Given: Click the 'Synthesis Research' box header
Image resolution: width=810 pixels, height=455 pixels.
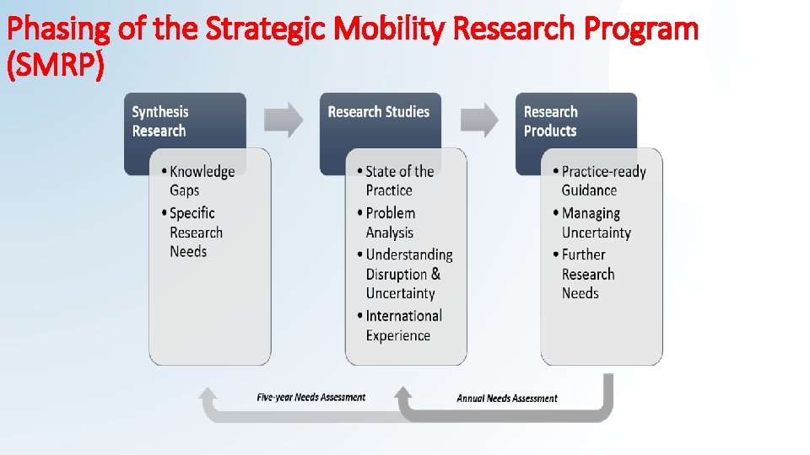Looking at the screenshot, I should point(160,121).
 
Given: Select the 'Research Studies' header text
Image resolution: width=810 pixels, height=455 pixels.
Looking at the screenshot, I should point(378,112).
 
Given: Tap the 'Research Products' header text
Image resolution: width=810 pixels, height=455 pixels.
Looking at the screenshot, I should point(551,121).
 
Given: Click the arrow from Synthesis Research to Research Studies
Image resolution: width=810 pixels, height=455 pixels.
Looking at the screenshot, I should point(283,120).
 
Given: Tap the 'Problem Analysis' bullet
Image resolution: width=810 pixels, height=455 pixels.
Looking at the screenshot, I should point(390,222).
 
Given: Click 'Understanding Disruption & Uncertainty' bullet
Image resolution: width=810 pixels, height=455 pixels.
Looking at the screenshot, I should point(408,274).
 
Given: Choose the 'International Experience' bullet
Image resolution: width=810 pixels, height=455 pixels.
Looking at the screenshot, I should point(402,325).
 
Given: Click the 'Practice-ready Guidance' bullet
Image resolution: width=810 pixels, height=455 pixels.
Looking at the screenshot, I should point(602,180).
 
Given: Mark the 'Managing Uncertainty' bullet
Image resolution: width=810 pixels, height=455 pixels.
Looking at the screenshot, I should point(595,222).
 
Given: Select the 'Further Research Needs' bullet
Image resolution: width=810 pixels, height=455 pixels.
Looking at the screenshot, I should point(587,274).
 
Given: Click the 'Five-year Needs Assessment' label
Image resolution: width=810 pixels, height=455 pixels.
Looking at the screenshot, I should point(310,397).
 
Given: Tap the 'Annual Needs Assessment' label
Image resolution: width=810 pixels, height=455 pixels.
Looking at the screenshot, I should point(507,398).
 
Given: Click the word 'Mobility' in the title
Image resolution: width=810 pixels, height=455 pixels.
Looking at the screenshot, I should point(391,29).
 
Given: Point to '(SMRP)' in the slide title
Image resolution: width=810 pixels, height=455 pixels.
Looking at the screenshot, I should point(55,66).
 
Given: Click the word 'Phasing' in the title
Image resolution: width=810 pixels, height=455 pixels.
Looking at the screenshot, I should point(56,30).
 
